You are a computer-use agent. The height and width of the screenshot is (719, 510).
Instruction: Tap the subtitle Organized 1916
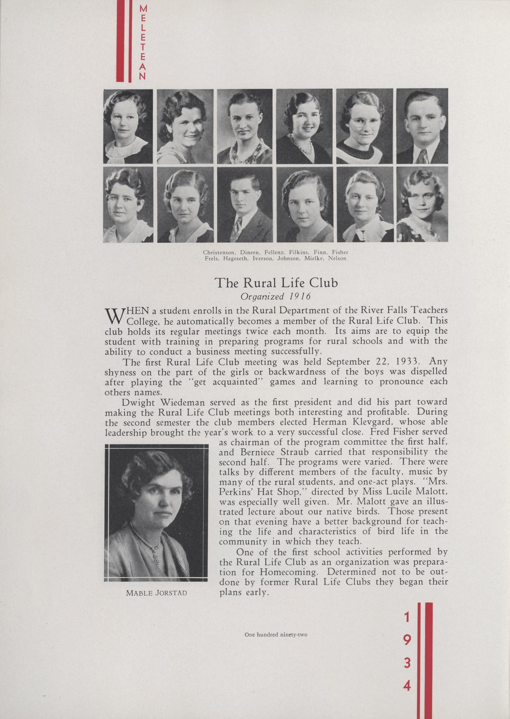tap(275, 296)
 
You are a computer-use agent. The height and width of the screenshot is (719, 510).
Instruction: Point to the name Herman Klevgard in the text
tap(359, 422)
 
